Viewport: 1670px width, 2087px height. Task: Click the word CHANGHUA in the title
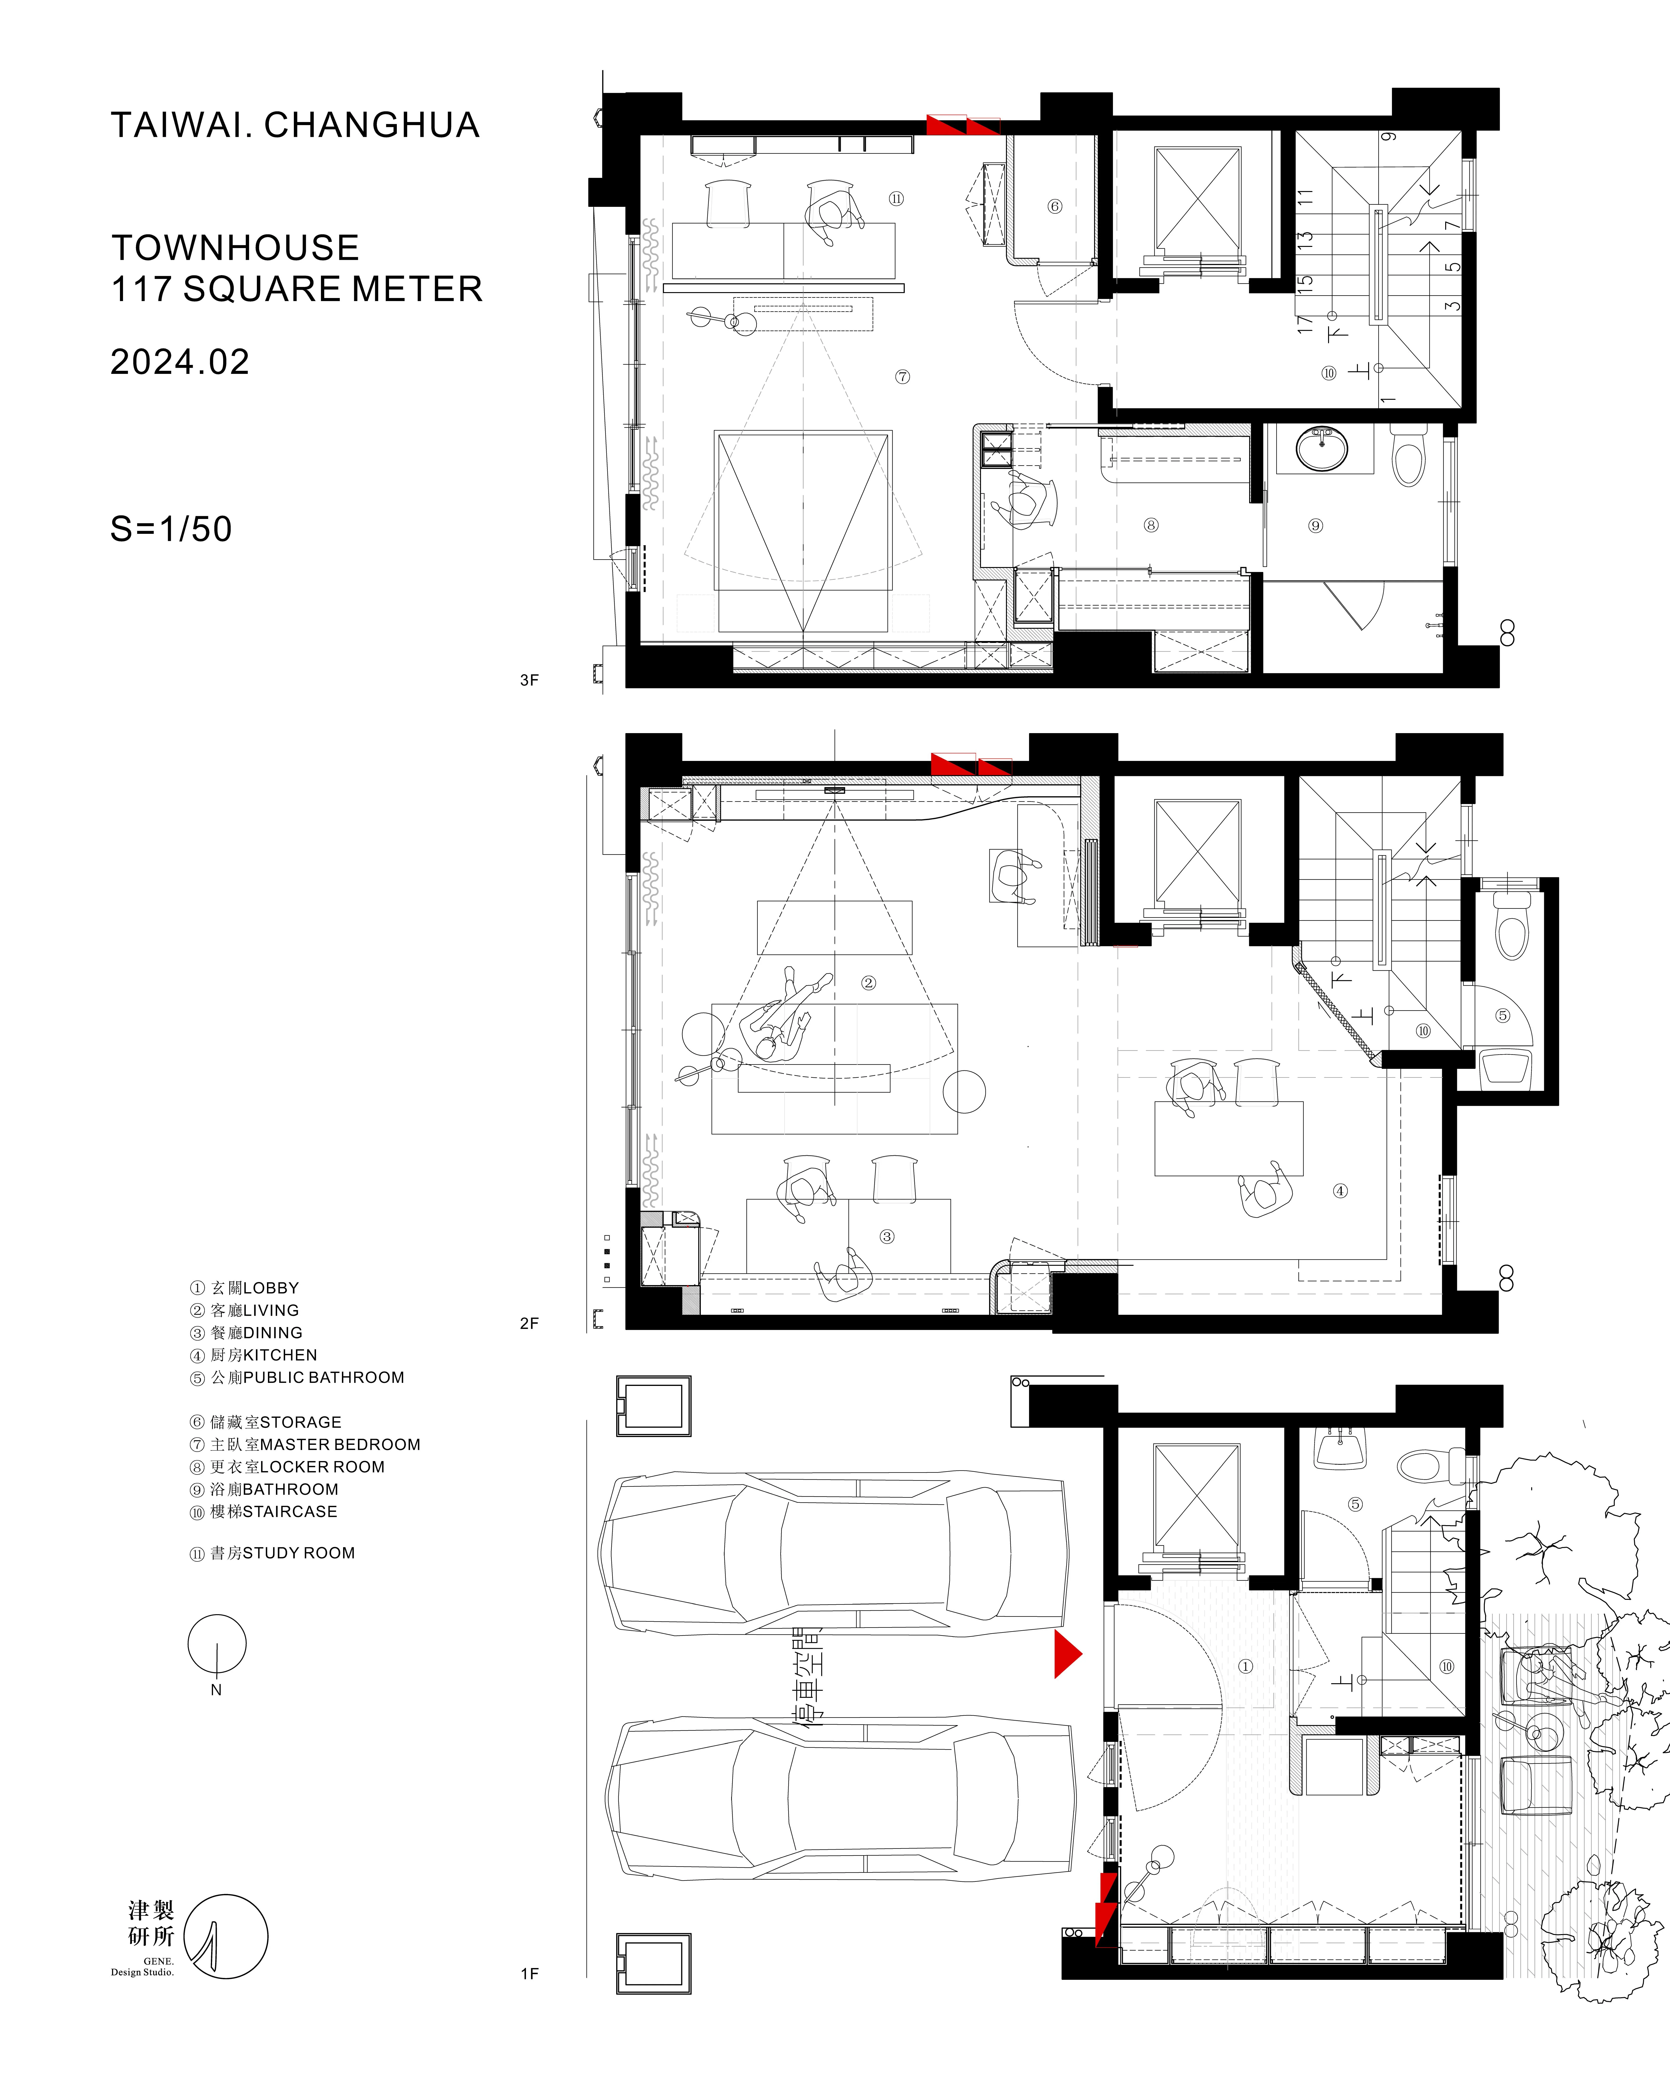click(372, 125)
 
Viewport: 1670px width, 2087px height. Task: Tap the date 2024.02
click(180, 362)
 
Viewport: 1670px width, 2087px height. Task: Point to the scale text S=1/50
click(171, 529)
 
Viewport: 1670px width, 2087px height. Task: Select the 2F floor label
click(529, 1323)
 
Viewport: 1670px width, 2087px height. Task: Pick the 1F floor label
click(529, 1974)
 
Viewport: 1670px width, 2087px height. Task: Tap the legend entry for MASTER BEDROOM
click(305, 1444)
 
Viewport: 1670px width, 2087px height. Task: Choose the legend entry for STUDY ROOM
click(272, 1553)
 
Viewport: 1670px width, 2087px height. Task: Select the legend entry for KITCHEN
click(253, 1355)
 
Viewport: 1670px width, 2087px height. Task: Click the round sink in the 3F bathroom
click(1321, 449)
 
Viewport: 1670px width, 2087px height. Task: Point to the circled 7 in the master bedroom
click(902, 376)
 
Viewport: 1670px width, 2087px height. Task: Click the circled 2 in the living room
click(868, 983)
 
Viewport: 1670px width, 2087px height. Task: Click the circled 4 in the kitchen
click(1340, 1191)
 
